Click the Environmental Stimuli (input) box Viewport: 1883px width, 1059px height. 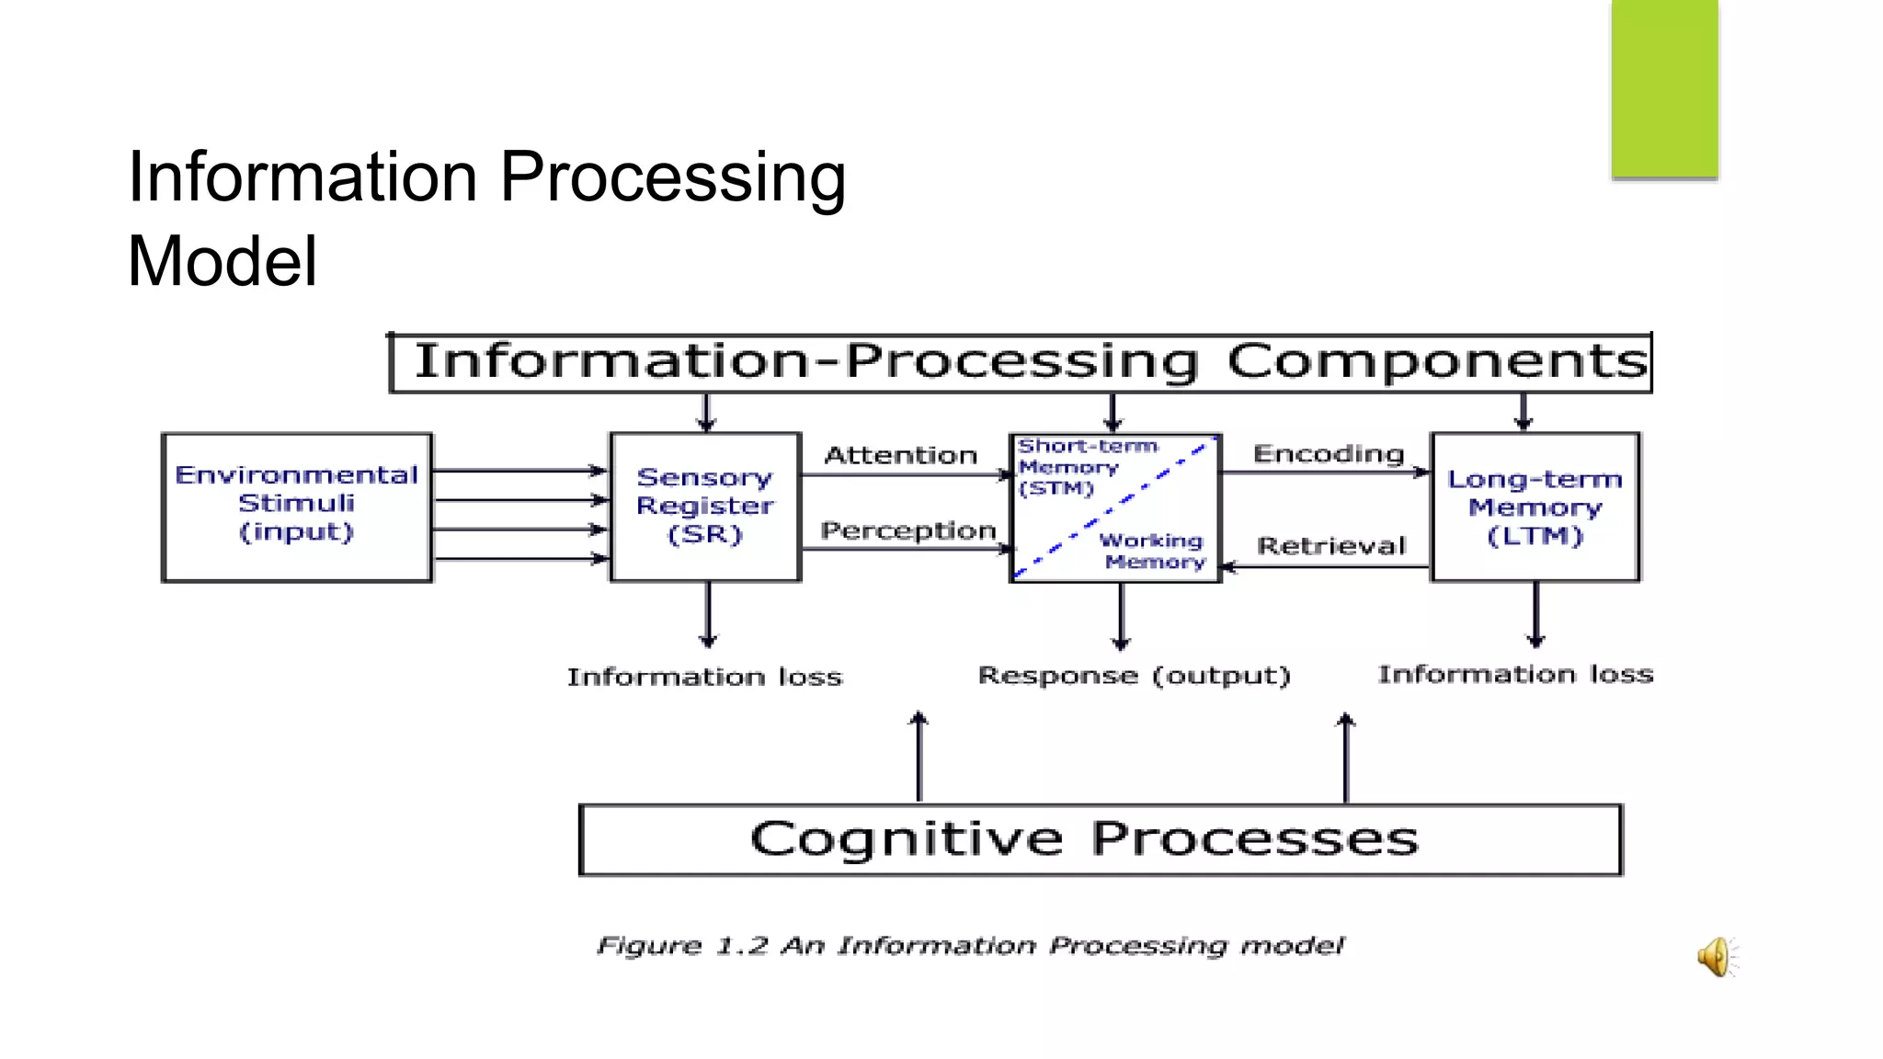[296, 507]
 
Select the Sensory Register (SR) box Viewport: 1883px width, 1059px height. [705, 507]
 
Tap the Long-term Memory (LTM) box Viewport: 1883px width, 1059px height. [1535, 507]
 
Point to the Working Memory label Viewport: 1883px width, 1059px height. [1153, 551]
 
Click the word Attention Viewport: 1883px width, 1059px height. [900, 455]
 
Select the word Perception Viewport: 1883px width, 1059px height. [907, 530]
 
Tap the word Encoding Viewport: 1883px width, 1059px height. [1329, 453]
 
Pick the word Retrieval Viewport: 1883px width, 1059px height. [1331, 546]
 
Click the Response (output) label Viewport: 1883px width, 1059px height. [1134, 676]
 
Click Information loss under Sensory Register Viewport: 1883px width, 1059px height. [704, 678]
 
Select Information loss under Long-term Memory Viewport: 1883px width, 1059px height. [1515, 675]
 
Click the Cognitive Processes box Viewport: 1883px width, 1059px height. [1101, 839]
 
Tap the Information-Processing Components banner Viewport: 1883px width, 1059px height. [1021, 362]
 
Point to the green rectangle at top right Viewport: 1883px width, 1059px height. [1664, 88]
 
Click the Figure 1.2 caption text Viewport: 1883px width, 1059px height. [970, 946]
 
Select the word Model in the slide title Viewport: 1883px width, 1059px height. [223, 262]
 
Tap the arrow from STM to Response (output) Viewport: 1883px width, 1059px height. [1120, 616]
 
